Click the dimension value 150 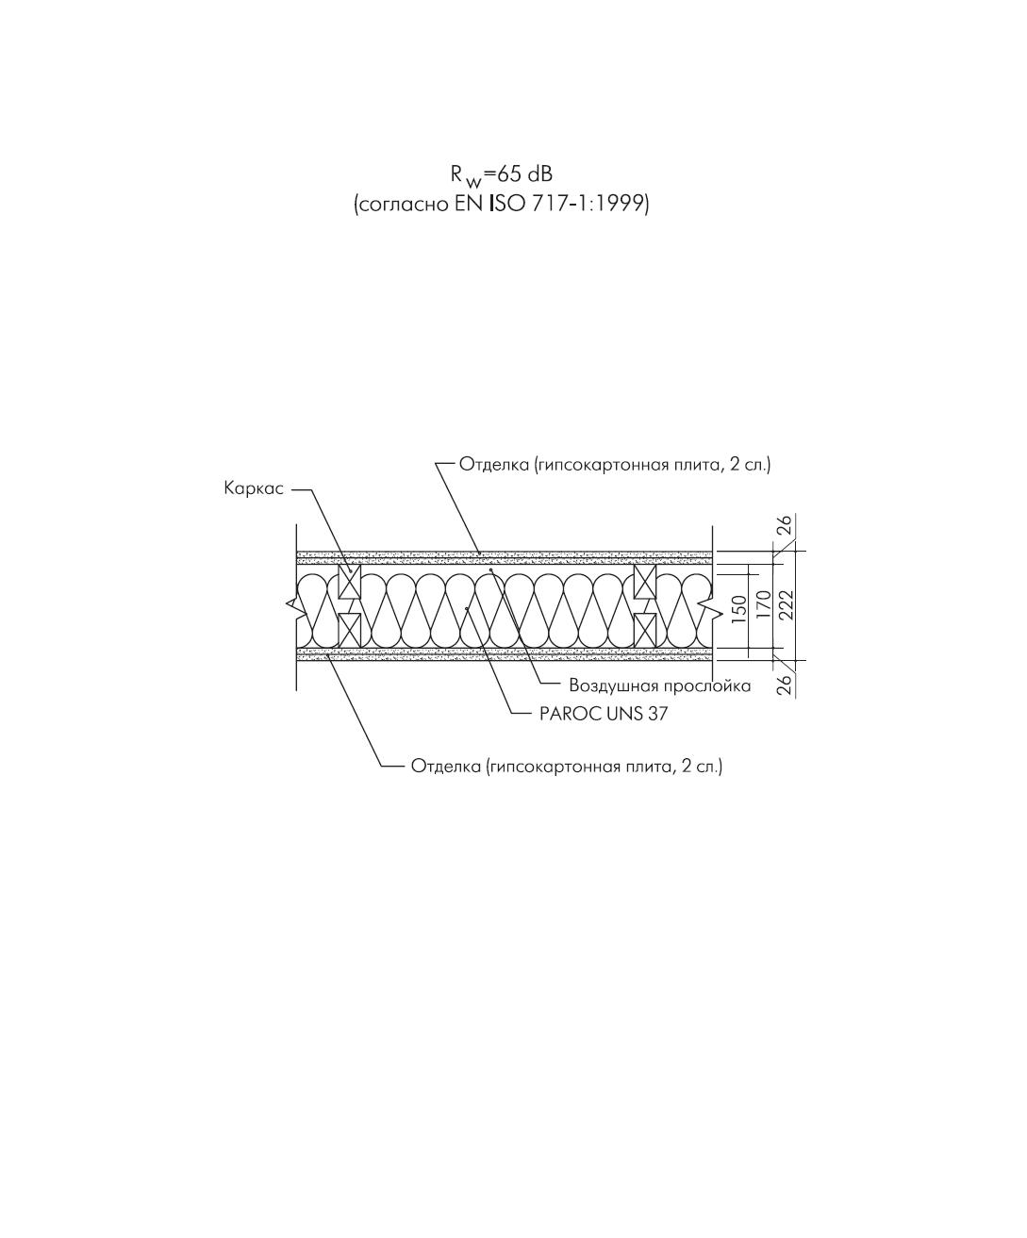coord(739,609)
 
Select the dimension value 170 coord(764,604)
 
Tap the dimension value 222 coord(786,604)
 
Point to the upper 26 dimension coord(785,525)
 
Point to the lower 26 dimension coord(785,685)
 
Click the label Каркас coord(254,488)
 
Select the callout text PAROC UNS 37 coord(604,713)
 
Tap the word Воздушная coord(613,686)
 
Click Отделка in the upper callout coord(494,464)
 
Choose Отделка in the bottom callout coord(446,767)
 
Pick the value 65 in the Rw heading coord(507,174)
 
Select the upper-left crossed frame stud coord(350,581)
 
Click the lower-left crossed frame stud coord(350,630)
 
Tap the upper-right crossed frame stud coord(645,581)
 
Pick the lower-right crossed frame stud coord(645,630)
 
